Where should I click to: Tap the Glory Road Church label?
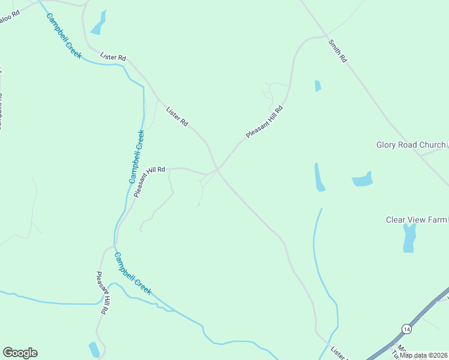coord(411,145)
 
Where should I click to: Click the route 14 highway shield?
coord(407,329)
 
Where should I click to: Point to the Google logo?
coord(20,353)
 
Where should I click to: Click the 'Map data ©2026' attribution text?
coord(423,355)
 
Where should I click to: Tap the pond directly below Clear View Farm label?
coord(409,238)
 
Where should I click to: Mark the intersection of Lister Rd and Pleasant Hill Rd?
coord(217,170)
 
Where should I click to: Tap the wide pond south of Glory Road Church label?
coord(363,179)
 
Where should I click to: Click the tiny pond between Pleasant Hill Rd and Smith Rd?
coord(318,86)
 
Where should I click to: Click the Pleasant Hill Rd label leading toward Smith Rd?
coord(264,121)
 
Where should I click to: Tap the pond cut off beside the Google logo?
coord(94,349)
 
